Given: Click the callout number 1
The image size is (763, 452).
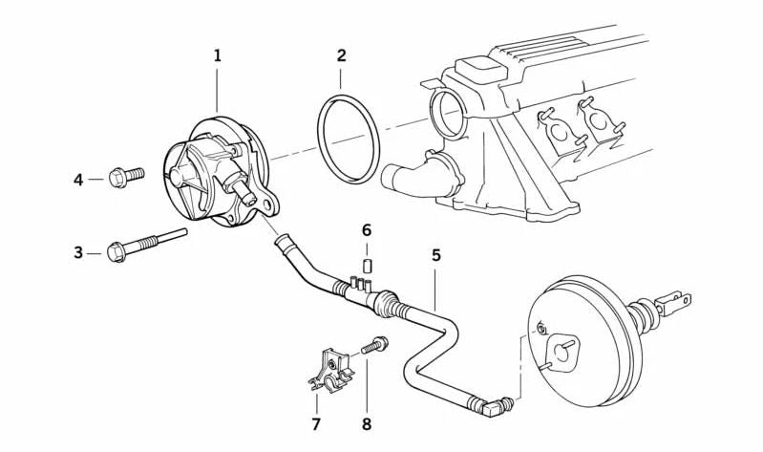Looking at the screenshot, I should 217,56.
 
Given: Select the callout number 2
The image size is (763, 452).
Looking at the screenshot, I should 341,56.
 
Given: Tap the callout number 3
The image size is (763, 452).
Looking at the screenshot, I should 78,252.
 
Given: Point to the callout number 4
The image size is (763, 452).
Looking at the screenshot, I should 78,179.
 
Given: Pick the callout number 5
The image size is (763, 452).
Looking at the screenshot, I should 435,255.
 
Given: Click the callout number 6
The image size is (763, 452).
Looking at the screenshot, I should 366,229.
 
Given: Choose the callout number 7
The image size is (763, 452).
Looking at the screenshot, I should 316,423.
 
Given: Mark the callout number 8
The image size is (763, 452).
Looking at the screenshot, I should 367,423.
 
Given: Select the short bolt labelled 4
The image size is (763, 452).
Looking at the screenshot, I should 125,176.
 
